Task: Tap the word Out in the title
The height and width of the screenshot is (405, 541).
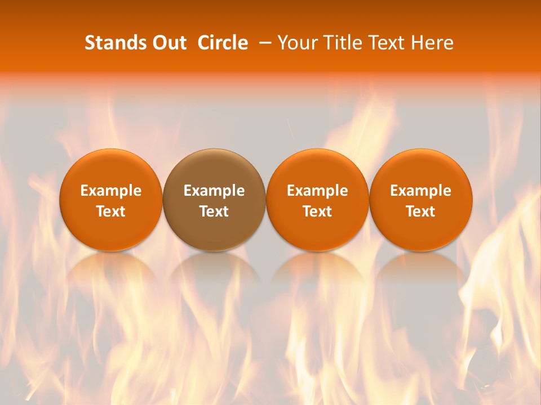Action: (168, 43)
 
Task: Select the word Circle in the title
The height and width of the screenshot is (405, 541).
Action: (223, 43)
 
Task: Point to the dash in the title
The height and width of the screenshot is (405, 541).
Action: (265, 43)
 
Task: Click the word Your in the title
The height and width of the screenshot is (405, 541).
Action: (296, 43)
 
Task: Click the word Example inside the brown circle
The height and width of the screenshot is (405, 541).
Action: (214, 191)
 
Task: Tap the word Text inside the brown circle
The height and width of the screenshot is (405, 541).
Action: (214, 211)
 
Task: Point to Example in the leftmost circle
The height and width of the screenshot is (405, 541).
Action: (110, 191)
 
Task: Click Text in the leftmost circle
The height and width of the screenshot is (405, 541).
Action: (110, 211)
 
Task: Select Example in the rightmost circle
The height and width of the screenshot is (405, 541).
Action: (421, 191)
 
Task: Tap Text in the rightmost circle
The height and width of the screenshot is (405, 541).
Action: (421, 211)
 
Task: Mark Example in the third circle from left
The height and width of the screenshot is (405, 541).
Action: (317, 191)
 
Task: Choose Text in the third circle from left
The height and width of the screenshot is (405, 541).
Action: (317, 211)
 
